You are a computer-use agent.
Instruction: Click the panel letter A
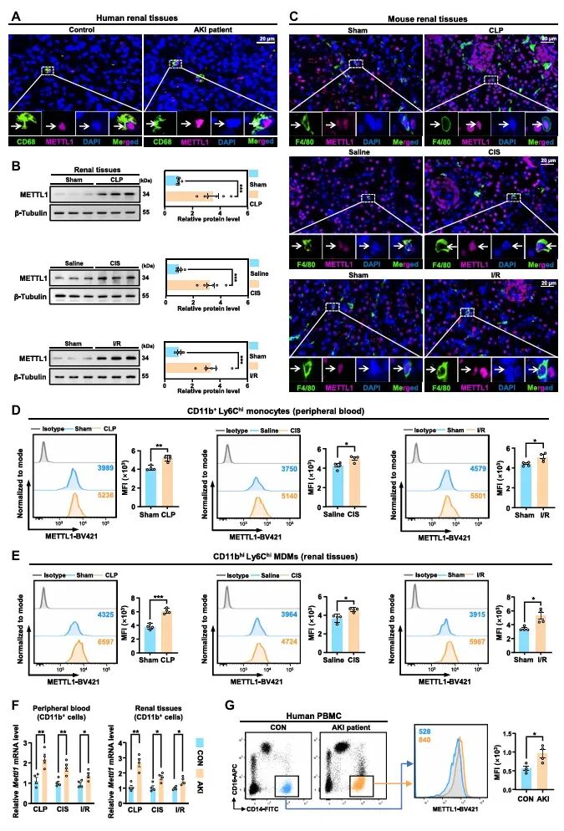tap(13, 15)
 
